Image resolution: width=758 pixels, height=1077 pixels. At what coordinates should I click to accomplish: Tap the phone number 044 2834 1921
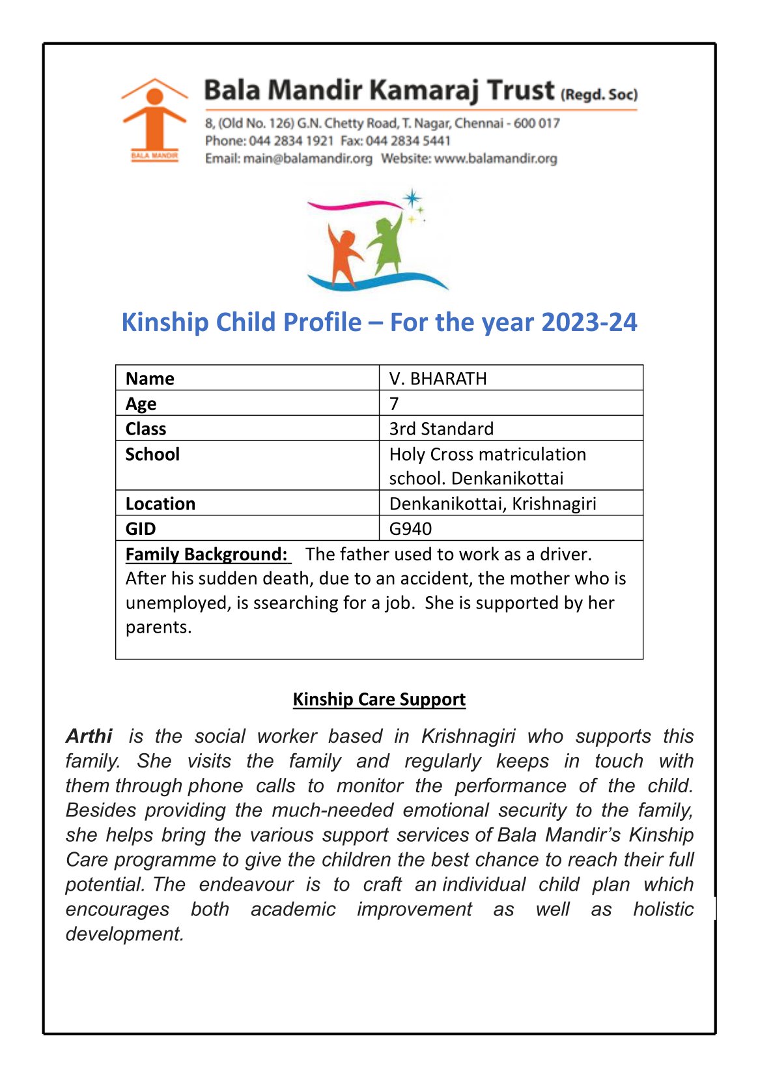coord(291,141)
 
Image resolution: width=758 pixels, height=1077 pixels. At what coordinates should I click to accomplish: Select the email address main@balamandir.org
coord(307,158)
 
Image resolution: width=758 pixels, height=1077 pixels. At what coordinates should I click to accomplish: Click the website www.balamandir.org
coord(496,158)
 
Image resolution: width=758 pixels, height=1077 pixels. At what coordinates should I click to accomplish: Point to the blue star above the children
coord(412,198)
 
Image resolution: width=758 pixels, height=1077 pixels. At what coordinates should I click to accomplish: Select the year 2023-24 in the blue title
coord(589,323)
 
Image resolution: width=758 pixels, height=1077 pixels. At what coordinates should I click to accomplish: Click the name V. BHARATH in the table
coord(438,379)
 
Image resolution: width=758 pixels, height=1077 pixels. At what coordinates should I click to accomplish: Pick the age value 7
coord(394,403)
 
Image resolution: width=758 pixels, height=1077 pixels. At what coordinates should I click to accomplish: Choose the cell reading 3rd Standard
coord(441,429)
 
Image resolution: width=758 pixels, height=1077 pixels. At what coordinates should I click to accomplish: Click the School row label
coord(152,454)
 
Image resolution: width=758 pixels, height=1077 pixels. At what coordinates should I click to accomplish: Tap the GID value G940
coord(410,528)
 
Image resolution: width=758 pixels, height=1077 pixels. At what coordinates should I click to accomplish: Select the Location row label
coord(160,504)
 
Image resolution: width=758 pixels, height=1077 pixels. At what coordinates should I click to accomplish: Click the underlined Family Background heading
coord(206,554)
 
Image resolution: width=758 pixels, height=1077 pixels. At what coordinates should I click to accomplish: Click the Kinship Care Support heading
coord(379,699)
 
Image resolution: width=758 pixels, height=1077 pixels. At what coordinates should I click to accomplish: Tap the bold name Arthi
coord(89,736)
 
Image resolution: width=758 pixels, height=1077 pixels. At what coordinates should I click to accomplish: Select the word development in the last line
coord(124,934)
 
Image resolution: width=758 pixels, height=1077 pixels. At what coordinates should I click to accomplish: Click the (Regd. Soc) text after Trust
coord(599,94)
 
